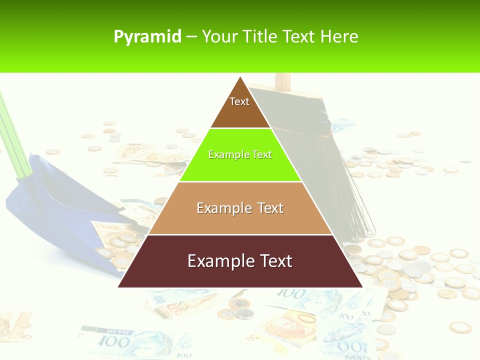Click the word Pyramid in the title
(x=147, y=37)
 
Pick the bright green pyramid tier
(x=240, y=165)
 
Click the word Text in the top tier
(x=239, y=101)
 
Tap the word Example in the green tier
(x=224, y=154)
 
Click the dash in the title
(x=191, y=37)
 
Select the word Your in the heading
(x=219, y=37)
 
